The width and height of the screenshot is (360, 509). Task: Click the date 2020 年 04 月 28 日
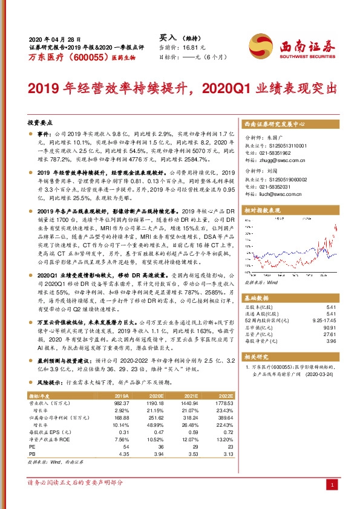pyautogui.click(x=51, y=37)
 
